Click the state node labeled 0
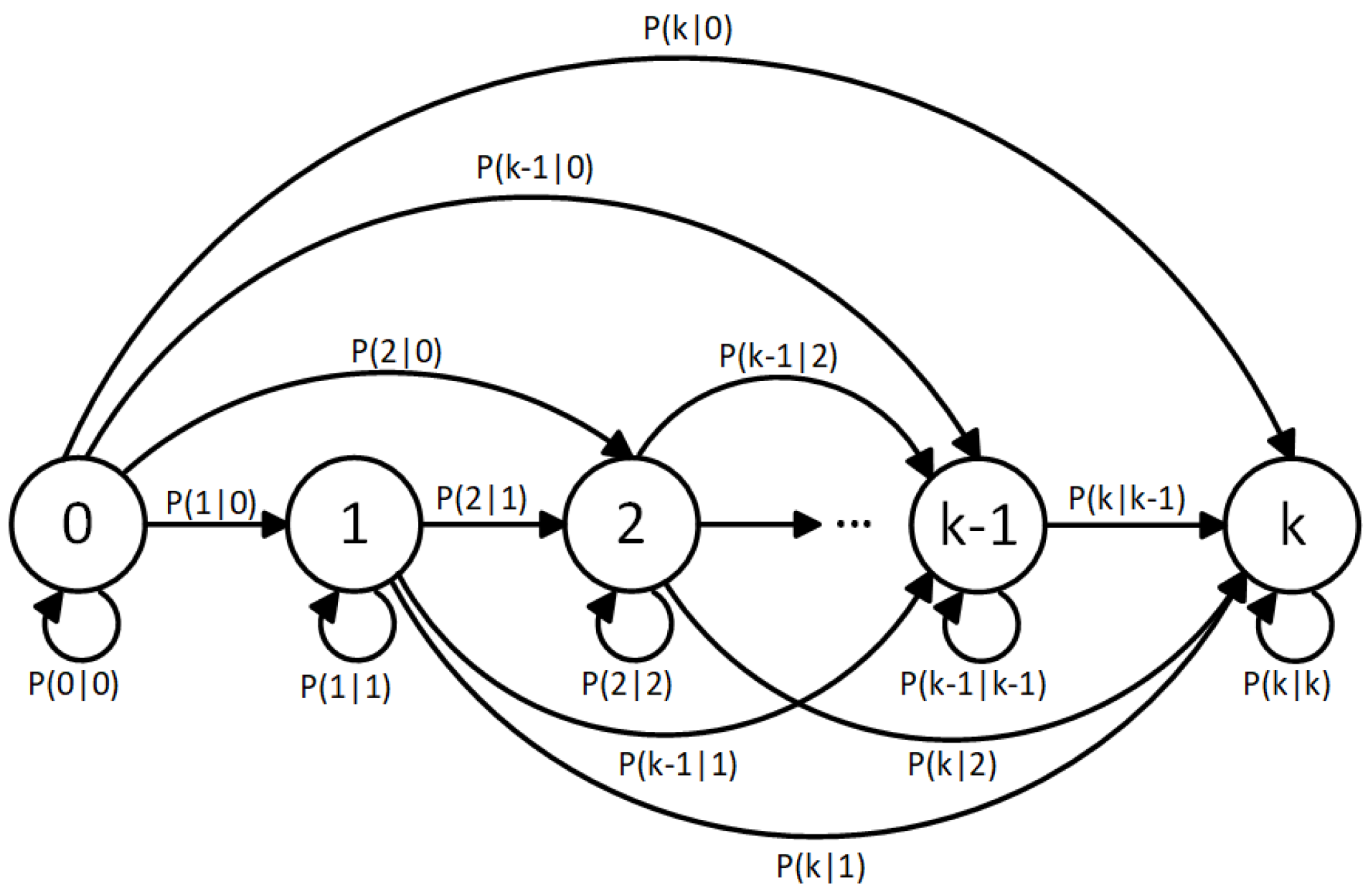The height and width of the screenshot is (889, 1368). (x=77, y=524)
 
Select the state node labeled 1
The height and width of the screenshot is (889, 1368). (x=354, y=524)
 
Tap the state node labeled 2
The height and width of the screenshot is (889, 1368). (x=631, y=524)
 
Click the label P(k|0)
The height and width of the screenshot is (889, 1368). (x=688, y=29)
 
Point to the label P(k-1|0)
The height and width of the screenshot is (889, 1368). (x=535, y=168)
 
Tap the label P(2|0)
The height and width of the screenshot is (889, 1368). (x=397, y=352)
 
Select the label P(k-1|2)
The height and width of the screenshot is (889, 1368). (x=778, y=357)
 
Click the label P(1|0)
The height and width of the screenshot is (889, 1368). (x=211, y=503)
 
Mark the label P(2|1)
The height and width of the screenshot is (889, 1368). (x=481, y=499)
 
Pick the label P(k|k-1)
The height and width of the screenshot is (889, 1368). (x=1126, y=499)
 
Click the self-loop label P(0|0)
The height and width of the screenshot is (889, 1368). (x=73, y=684)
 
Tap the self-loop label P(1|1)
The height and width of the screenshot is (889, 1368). (x=345, y=687)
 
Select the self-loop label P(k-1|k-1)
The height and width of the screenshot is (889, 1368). (x=973, y=684)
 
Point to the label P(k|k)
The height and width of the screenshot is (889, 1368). (x=1287, y=684)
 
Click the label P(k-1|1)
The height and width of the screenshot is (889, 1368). (x=678, y=765)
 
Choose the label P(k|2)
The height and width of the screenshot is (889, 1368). (x=952, y=765)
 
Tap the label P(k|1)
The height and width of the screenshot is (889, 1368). (x=821, y=867)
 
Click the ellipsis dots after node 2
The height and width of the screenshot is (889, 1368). (x=854, y=525)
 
